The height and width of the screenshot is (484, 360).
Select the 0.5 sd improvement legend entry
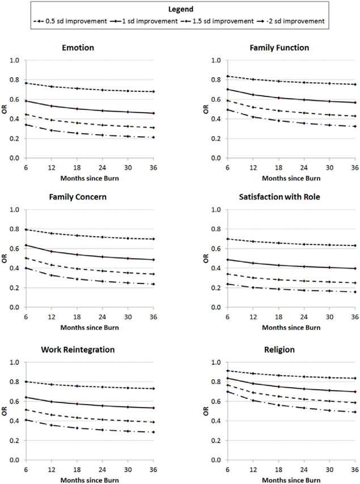(x=71, y=22)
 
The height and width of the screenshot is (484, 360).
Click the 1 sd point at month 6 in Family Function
(x=227, y=89)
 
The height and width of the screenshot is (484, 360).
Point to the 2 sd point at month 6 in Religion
(x=227, y=392)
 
